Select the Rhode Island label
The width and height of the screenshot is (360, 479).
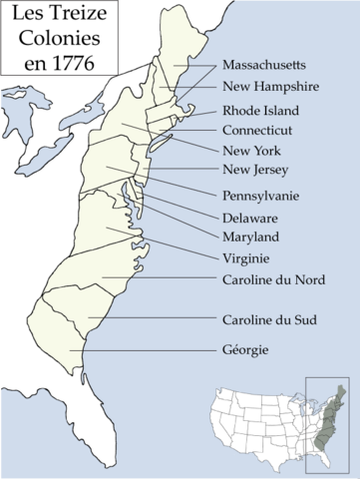260,110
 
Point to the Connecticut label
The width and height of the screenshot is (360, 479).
258,130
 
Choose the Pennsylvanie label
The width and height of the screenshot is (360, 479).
263,196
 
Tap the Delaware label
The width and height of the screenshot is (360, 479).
251,217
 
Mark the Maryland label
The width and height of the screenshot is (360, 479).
251,237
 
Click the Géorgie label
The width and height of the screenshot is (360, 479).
245,350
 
